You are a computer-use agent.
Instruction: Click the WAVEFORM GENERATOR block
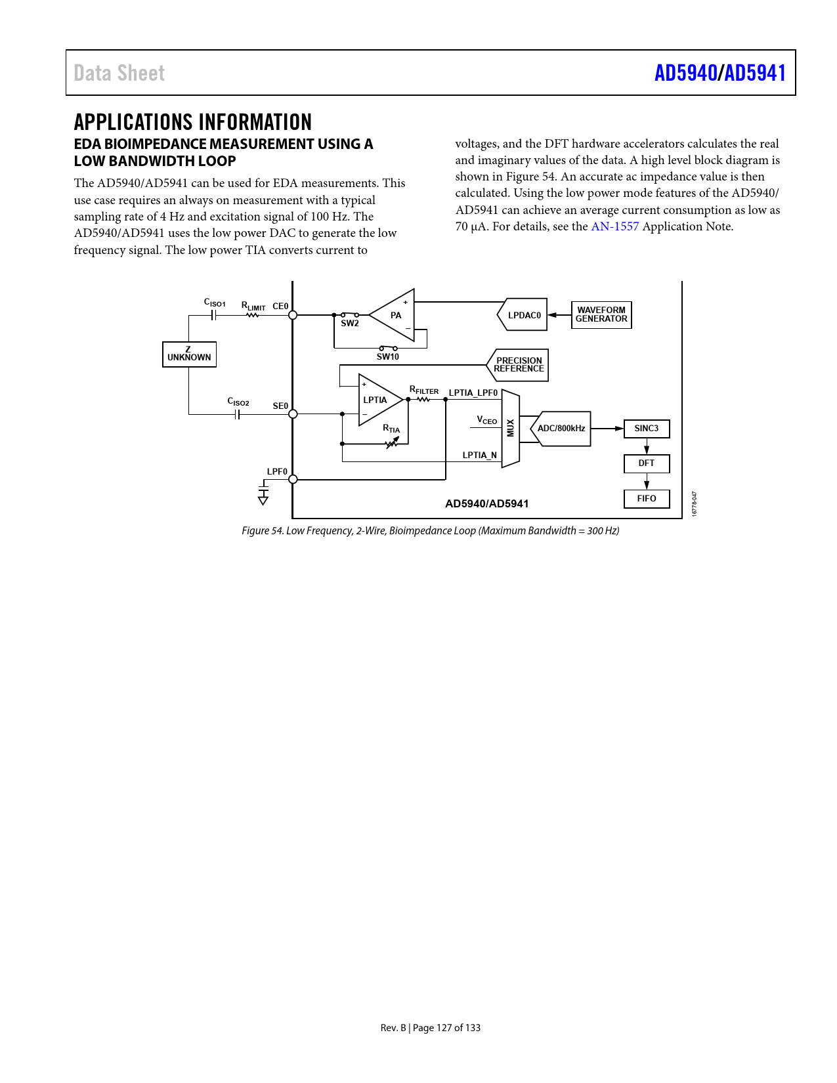pyautogui.click(x=601, y=314)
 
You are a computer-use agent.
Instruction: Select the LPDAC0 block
pyautogui.click(x=523, y=315)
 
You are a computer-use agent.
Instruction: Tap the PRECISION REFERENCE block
pyautogui.click(x=518, y=365)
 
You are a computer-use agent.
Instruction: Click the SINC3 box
pyautogui.click(x=647, y=429)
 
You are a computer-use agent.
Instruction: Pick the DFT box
pyautogui.click(x=647, y=463)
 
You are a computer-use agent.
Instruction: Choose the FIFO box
pyautogui.click(x=647, y=499)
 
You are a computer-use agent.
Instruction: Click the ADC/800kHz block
pyautogui.click(x=561, y=429)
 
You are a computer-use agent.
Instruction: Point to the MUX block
pyautogui.click(x=511, y=429)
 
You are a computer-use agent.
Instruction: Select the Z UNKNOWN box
pyautogui.click(x=189, y=354)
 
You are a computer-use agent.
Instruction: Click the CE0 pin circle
pyautogui.click(x=293, y=315)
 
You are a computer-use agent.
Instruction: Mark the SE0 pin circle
pyautogui.click(x=293, y=414)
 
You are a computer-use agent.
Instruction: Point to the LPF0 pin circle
pyautogui.click(x=293, y=480)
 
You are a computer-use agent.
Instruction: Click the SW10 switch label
pyautogui.click(x=387, y=356)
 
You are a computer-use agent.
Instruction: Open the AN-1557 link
pyautogui.click(x=614, y=226)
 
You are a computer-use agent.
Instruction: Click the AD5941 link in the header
pyautogui.click(x=755, y=73)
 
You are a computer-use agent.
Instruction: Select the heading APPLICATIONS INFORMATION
pyautogui.click(x=193, y=122)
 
